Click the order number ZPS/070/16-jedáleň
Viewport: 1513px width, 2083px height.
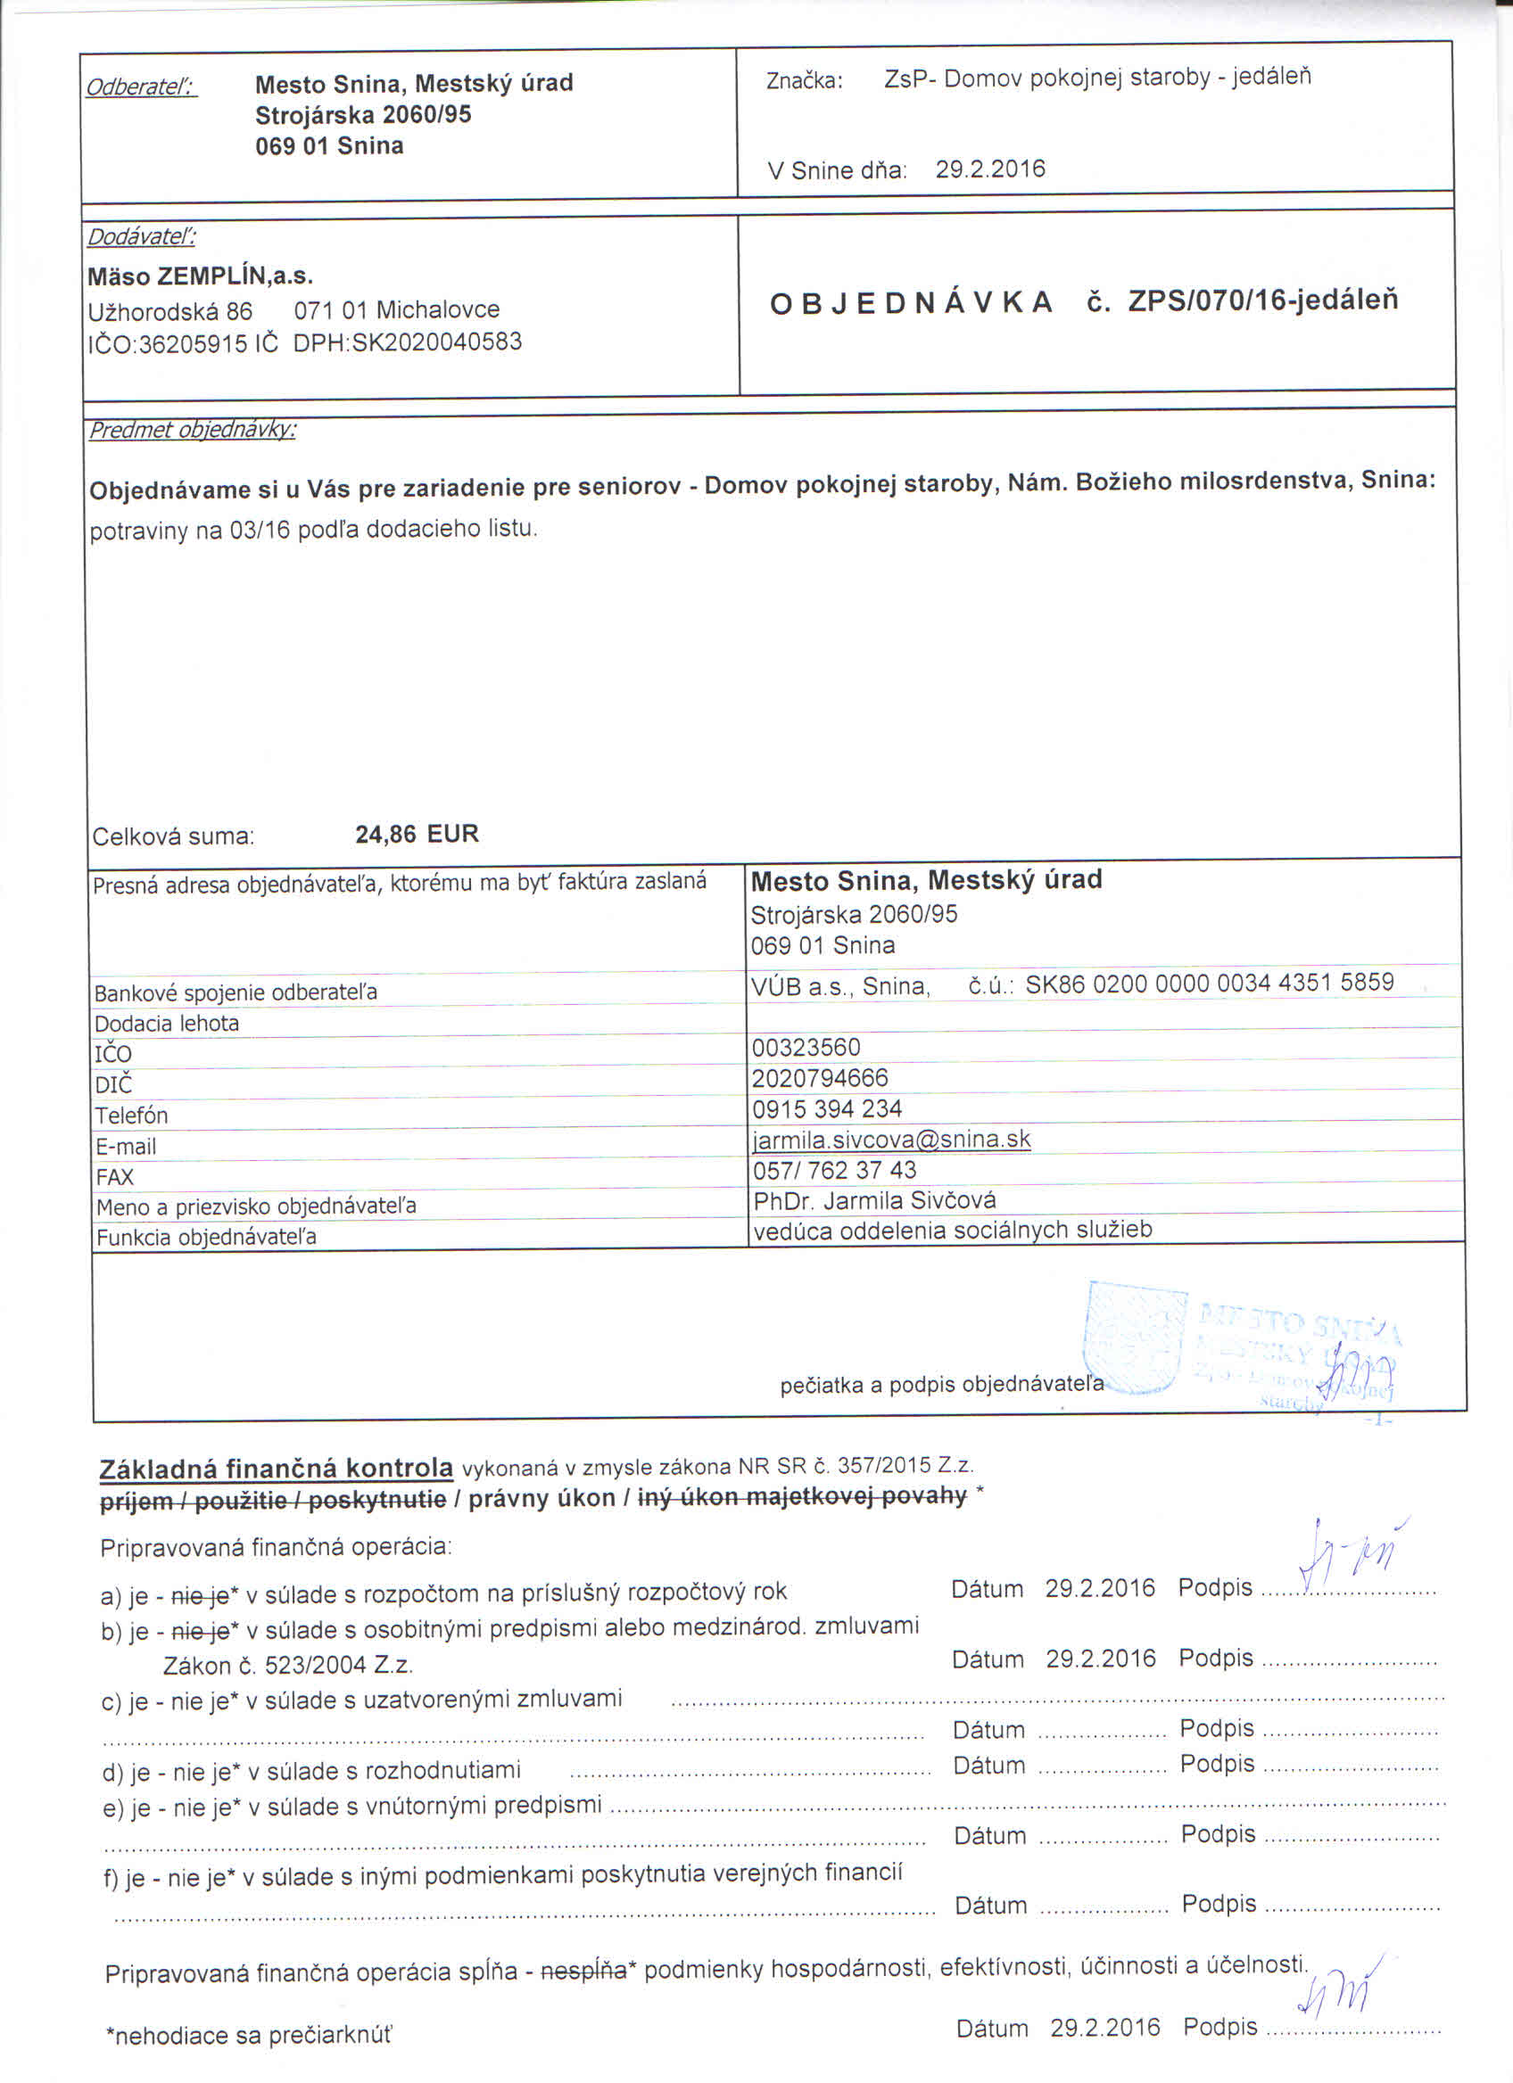[1262, 301]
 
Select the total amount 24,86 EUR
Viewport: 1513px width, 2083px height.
[418, 834]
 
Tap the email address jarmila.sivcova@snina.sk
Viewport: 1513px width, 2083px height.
[891, 1140]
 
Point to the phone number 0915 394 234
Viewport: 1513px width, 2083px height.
[827, 1108]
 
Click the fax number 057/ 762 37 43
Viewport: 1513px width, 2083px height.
[834, 1170]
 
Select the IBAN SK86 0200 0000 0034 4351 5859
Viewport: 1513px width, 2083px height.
[1209, 983]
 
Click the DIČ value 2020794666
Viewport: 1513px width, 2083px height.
[820, 1077]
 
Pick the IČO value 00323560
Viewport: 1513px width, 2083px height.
[806, 1047]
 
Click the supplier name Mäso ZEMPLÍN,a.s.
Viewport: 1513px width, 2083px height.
[200, 276]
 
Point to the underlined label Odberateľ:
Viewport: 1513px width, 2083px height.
[141, 87]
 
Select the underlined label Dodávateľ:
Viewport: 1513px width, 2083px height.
[142, 237]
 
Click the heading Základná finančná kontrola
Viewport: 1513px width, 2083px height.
[276, 1469]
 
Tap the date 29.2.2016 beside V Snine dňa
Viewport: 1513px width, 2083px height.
[990, 169]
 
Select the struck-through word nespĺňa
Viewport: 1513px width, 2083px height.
[584, 1969]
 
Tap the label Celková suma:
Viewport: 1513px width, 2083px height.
[173, 836]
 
